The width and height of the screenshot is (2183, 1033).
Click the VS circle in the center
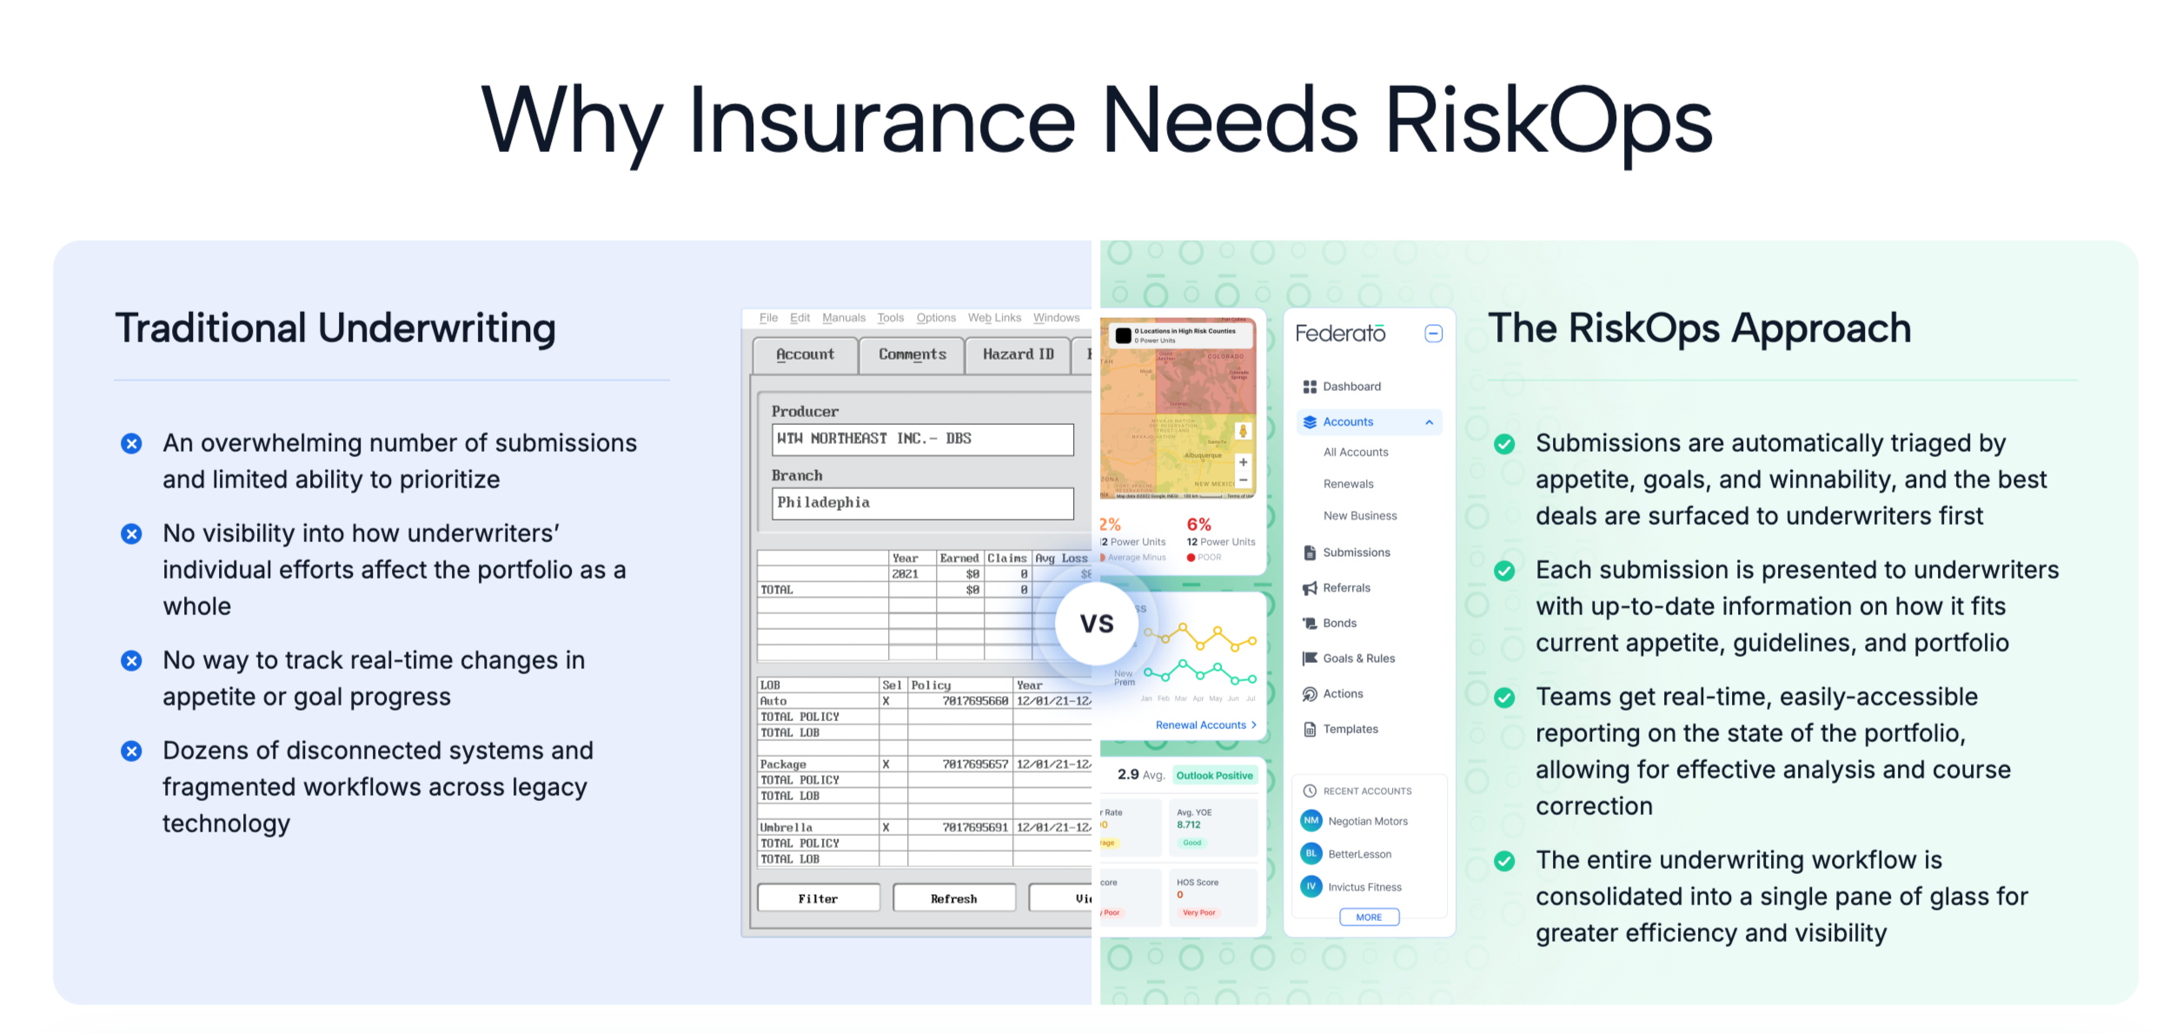click(x=1096, y=624)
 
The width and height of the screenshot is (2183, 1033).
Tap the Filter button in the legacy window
click(x=818, y=898)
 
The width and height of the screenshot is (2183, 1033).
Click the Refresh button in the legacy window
click(x=953, y=898)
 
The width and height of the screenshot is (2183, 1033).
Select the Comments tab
click(x=912, y=354)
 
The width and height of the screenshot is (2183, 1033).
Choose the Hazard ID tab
click(x=1018, y=354)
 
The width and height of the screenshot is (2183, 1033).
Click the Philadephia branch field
click(x=922, y=503)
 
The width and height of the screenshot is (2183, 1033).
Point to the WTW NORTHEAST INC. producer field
click(x=922, y=439)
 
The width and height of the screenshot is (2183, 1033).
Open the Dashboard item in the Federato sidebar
click(x=1351, y=387)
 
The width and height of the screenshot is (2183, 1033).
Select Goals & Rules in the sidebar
click(x=1358, y=659)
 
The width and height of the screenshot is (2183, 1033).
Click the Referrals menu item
click(x=1346, y=588)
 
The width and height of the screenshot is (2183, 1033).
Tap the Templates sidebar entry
click(x=1350, y=729)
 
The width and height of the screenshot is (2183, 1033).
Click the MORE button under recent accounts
click(x=1369, y=917)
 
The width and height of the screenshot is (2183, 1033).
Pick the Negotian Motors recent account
click(x=1367, y=821)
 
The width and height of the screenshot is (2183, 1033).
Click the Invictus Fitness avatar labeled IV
click(x=1310, y=886)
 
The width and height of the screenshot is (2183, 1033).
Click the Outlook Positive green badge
click(x=1214, y=775)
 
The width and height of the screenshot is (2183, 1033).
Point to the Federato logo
click(x=1340, y=334)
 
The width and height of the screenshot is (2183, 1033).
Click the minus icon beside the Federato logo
click(x=1434, y=334)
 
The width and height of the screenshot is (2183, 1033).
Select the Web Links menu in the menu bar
click(x=994, y=318)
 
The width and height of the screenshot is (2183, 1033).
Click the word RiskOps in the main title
click(x=1547, y=122)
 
